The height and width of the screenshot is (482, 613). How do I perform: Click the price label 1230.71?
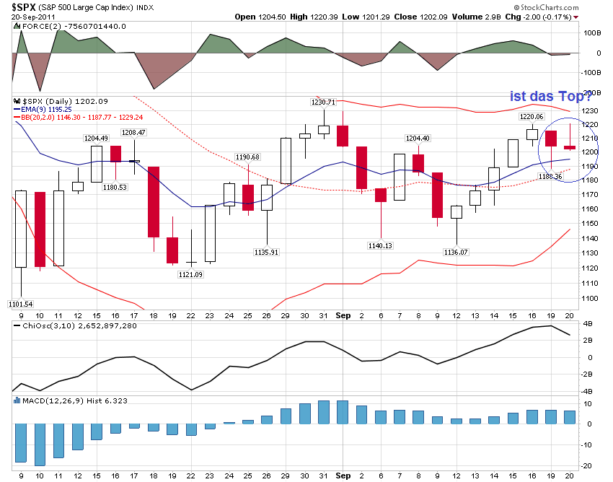[324, 102]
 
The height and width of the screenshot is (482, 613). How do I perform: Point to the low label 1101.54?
[20, 303]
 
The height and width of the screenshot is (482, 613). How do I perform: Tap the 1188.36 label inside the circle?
[550, 176]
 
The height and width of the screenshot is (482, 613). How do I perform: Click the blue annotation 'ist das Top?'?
[550, 95]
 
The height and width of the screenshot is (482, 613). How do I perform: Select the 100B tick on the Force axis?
[592, 33]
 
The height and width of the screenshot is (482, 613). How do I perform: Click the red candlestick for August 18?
[154, 201]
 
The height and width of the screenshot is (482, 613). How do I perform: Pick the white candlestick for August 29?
[285, 160]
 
